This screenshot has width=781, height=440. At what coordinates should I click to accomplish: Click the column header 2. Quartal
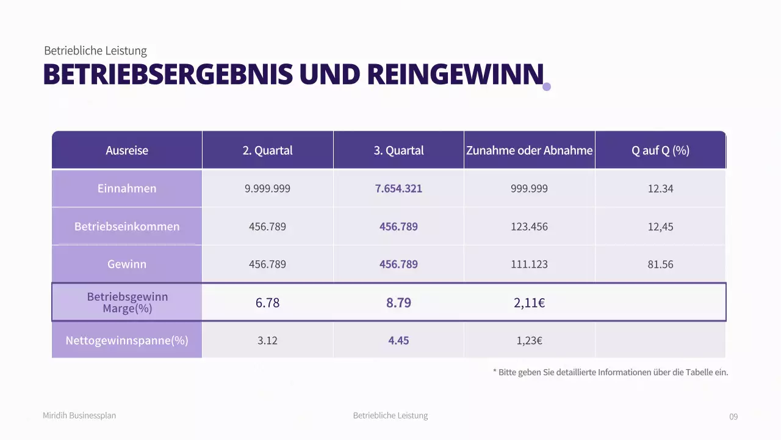267,150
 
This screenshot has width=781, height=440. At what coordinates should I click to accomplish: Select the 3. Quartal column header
398,150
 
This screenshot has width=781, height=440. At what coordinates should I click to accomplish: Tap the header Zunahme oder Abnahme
529,150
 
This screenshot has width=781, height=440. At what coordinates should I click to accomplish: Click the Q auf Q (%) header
660,150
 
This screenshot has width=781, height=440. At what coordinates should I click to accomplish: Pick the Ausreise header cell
127,150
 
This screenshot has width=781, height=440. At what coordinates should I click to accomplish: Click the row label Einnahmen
127,188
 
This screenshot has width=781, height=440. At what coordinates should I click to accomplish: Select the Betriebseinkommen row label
127,226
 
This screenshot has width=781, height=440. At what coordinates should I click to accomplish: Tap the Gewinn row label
127,264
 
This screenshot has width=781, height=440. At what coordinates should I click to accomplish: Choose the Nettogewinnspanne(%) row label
127,340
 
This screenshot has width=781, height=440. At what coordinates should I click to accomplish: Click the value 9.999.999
267,188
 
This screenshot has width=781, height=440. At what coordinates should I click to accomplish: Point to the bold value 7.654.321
398,188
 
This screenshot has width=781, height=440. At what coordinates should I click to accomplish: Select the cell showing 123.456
529,227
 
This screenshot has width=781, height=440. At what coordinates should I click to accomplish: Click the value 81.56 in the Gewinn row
660,265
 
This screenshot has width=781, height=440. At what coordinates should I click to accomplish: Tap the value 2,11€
529,302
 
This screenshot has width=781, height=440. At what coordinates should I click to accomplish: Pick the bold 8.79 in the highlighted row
398,302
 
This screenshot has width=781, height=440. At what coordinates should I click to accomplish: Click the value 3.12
267,340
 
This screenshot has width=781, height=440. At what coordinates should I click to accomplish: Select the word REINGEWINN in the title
455,75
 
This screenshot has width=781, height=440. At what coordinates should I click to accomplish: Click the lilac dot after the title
547,87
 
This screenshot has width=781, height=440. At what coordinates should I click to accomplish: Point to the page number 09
733,417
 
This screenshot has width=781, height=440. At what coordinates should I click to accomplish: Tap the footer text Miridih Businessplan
79,416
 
